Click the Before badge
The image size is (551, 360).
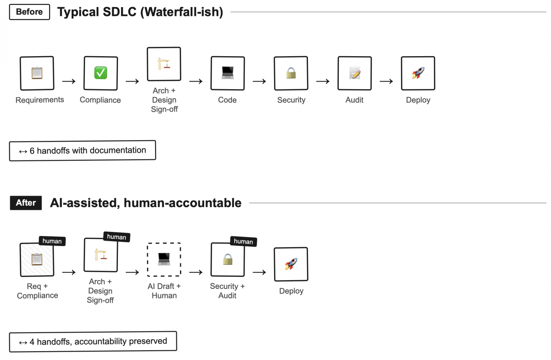pos(29,12)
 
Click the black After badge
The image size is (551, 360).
pos(26,203)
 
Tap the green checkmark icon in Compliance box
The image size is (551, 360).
pos(101,73)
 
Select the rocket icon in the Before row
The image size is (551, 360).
pos(418,73)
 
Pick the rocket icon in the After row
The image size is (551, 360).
pos(291,264)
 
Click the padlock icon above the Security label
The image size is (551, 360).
pos(291,73)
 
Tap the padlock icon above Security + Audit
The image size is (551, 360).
pos(228,260)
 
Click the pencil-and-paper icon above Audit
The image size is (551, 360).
pos(355,73)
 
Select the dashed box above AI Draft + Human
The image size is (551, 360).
pos(164,259)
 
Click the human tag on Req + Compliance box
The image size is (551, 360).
pos(52,241)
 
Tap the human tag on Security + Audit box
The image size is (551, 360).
pos(243,242)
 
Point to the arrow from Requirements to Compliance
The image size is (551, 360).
pos(69,82)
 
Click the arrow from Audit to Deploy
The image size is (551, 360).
pos(386,82)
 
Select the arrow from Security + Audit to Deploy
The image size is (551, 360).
pos(259,272)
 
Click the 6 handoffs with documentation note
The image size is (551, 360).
pos(82,151)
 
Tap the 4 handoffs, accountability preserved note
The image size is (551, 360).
pos(93,342)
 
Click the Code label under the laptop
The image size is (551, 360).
pos(227,100)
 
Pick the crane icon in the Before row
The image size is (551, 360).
pos(164,64)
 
